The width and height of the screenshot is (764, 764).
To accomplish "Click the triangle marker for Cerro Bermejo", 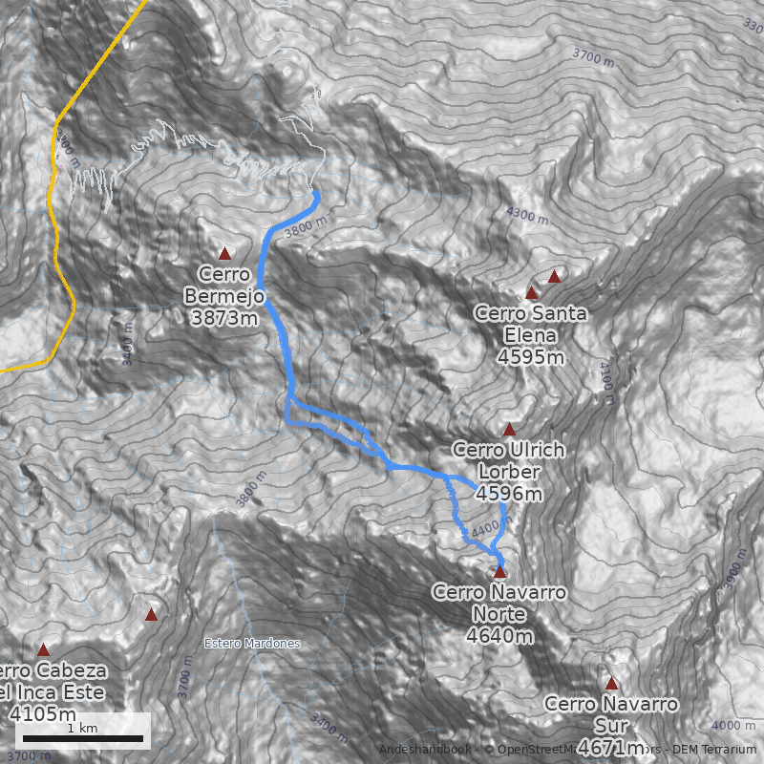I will tap(225, 253).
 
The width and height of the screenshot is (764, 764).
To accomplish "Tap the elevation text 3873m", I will tap(223, 319).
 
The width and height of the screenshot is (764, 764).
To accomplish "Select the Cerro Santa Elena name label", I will tap(531, 324).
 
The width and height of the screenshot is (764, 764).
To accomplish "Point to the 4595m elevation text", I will tap(531, 357).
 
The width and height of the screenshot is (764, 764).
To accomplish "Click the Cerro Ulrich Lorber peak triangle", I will tap(509, 429).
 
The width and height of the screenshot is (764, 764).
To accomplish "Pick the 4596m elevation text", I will tap(508, 494).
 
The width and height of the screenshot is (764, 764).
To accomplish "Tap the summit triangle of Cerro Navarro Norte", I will tap(499, 572).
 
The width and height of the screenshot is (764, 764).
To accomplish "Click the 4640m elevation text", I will tap(499, 634).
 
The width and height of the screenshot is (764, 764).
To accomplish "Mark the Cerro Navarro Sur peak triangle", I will tap(611, 683).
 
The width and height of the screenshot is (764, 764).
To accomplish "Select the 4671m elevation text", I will tap(611, 746).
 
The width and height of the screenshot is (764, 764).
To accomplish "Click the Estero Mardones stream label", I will tap(252, 643).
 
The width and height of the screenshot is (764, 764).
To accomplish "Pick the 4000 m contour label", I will tap(733, 725).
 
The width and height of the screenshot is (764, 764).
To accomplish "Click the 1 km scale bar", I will tap(83, 737).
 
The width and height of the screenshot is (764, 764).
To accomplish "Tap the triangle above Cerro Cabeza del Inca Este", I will tap(43, 649).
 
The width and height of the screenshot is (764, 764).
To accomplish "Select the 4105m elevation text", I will tap(42, 713).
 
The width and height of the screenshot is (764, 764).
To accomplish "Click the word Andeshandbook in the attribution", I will tap(425, 750).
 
